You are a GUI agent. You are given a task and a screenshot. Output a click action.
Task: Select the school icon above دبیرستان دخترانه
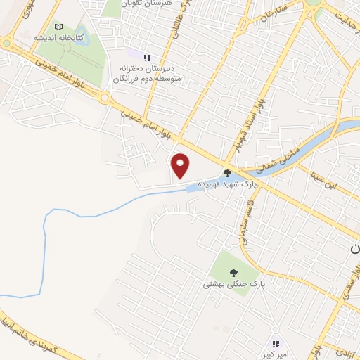(147, 58)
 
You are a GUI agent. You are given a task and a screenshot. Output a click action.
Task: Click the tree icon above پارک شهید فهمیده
(227, 172)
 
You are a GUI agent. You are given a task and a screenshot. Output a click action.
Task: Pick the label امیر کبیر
(276, 354)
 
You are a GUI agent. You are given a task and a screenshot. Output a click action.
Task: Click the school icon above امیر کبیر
(276, 345)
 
